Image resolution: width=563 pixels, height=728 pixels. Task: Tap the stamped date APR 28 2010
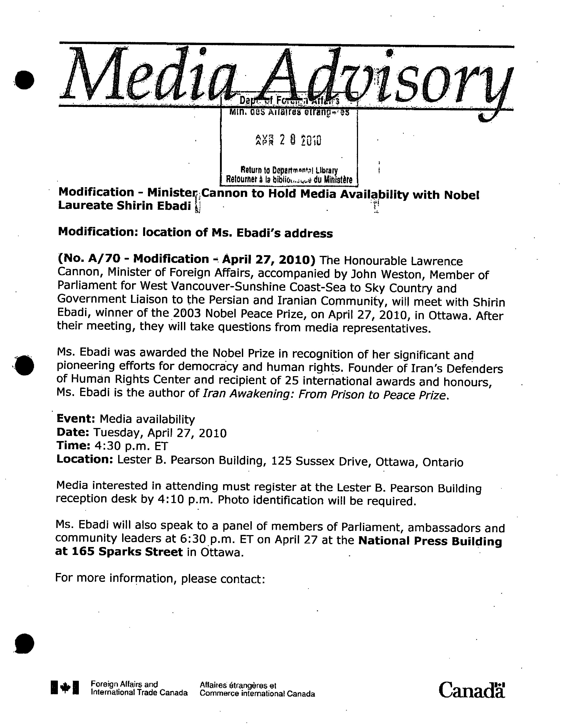tap(288, 141)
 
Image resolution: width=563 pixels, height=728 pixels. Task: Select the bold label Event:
tap(76, 419)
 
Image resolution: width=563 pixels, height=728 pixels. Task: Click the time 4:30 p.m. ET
tap(131, 446)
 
